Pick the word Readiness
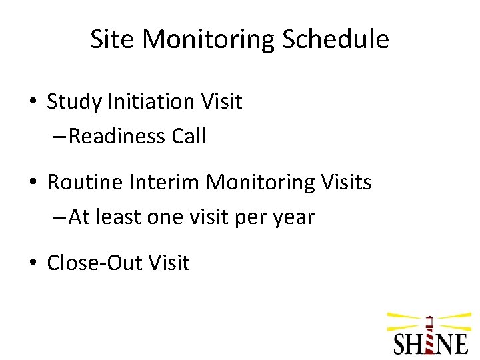(x=117, y=137)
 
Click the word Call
(x=189, y=137)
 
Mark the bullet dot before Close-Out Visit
(x=32, y=263)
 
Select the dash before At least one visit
(x=59, y=218)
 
